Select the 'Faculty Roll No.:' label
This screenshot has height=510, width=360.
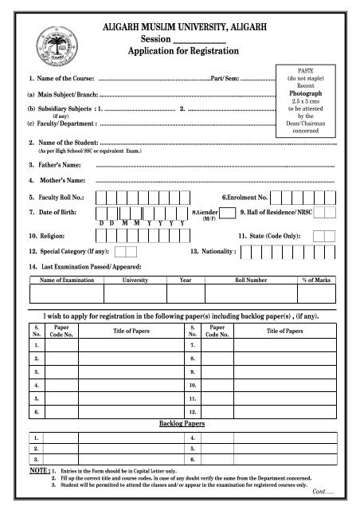(57, 197)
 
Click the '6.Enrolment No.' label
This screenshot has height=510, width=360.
(249, 197)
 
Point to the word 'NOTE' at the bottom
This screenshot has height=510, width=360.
(37, 473)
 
